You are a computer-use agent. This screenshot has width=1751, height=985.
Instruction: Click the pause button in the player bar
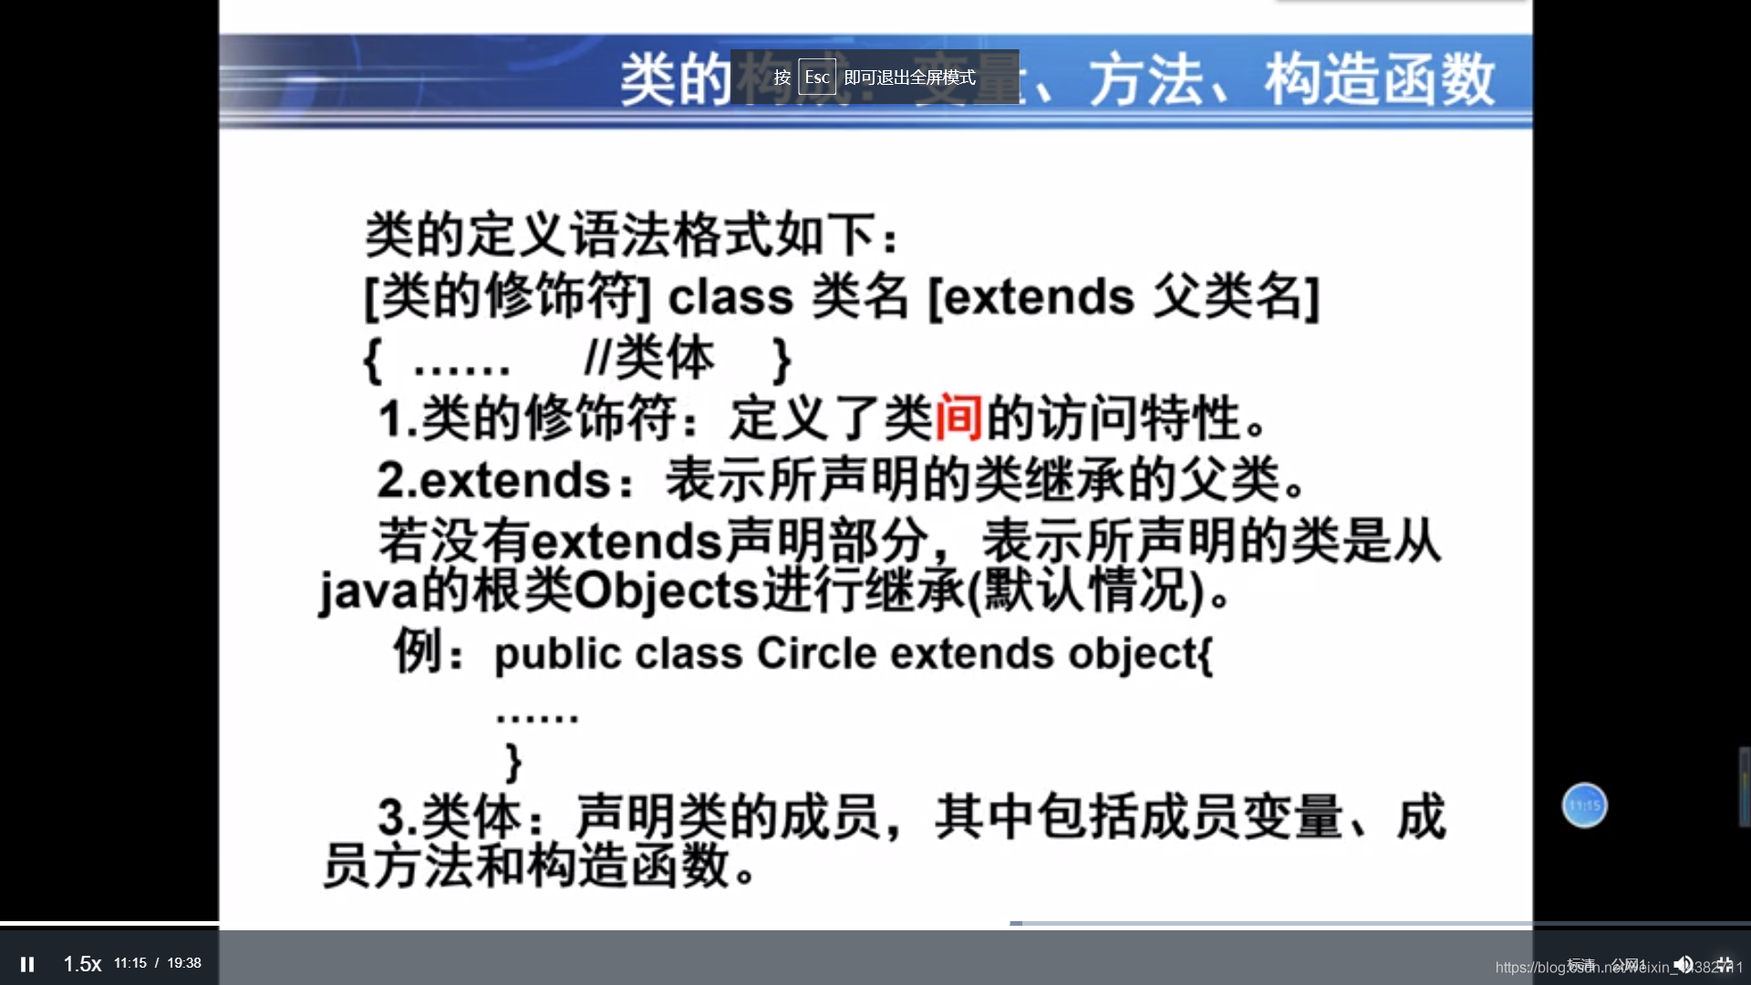point(27,964)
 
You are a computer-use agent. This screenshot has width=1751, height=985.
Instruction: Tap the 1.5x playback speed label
point(82,964)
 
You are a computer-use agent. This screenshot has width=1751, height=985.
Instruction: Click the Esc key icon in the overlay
point(817,78)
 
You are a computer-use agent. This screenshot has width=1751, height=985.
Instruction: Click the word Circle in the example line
point(816,653)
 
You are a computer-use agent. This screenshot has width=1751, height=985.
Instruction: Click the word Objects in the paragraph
point(666,591)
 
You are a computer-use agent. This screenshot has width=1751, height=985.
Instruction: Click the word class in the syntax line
point(730,296)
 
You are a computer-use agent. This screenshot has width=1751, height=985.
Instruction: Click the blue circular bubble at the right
point(1584,805)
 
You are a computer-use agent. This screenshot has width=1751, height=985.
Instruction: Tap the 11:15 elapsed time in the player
point(130,963)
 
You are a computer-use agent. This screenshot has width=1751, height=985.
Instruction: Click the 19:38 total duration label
point(184,963)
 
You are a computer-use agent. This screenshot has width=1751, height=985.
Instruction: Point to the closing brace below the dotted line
point(513,762)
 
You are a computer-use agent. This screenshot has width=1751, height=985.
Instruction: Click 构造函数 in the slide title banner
point(1379,80)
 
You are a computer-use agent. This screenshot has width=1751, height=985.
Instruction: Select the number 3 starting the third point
point(391,816)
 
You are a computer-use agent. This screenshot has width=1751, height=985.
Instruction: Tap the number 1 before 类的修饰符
point(389,419)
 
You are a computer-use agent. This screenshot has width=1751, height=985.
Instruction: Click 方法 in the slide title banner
point(1147,80)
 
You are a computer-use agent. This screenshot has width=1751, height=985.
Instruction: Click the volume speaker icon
point(1684,964)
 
